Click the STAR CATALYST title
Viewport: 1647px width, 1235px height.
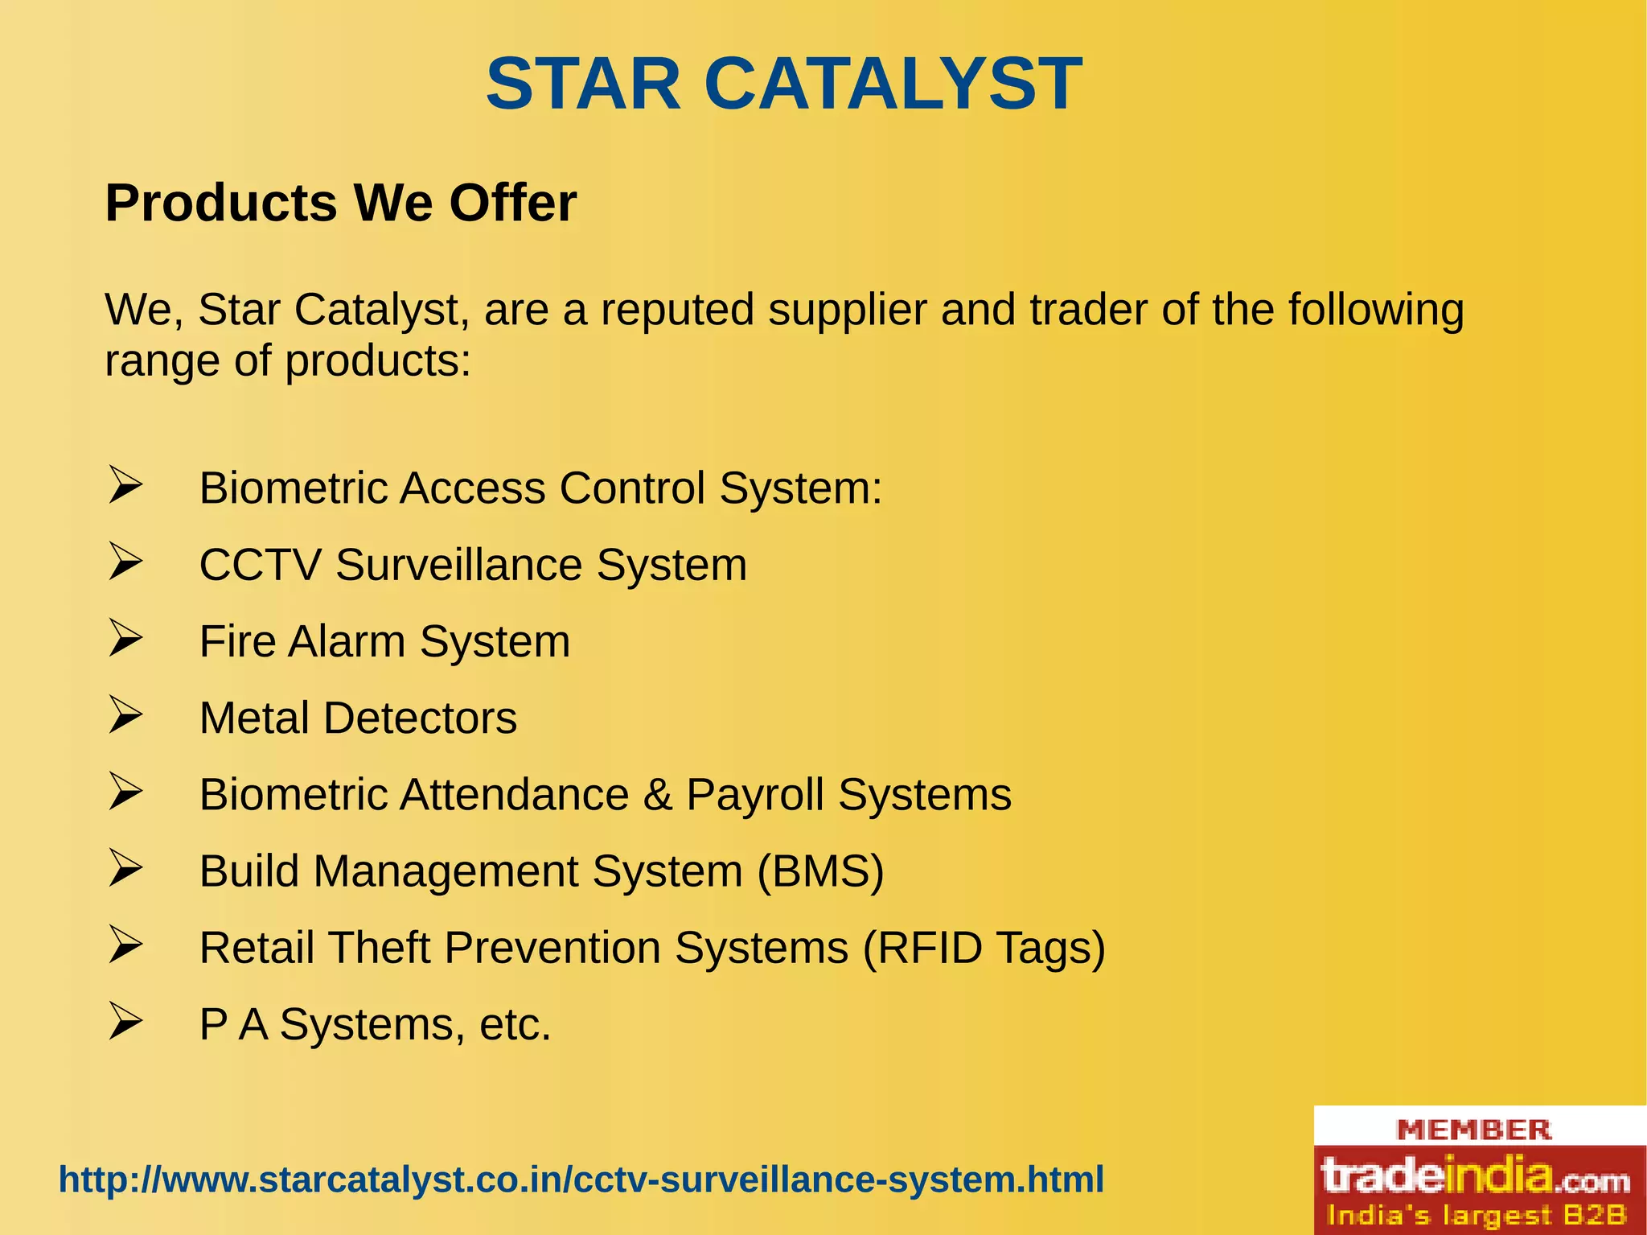point(784,84)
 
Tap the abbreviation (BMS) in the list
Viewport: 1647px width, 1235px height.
point(820,871)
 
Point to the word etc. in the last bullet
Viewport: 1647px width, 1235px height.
point(515,1024)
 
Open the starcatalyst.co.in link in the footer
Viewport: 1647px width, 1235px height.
point(581,1179)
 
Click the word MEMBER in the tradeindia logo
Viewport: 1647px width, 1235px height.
point(1474,1130)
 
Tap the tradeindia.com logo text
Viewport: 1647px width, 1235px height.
point(1476,1177)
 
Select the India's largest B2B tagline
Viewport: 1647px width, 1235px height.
point(1476,1215)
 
